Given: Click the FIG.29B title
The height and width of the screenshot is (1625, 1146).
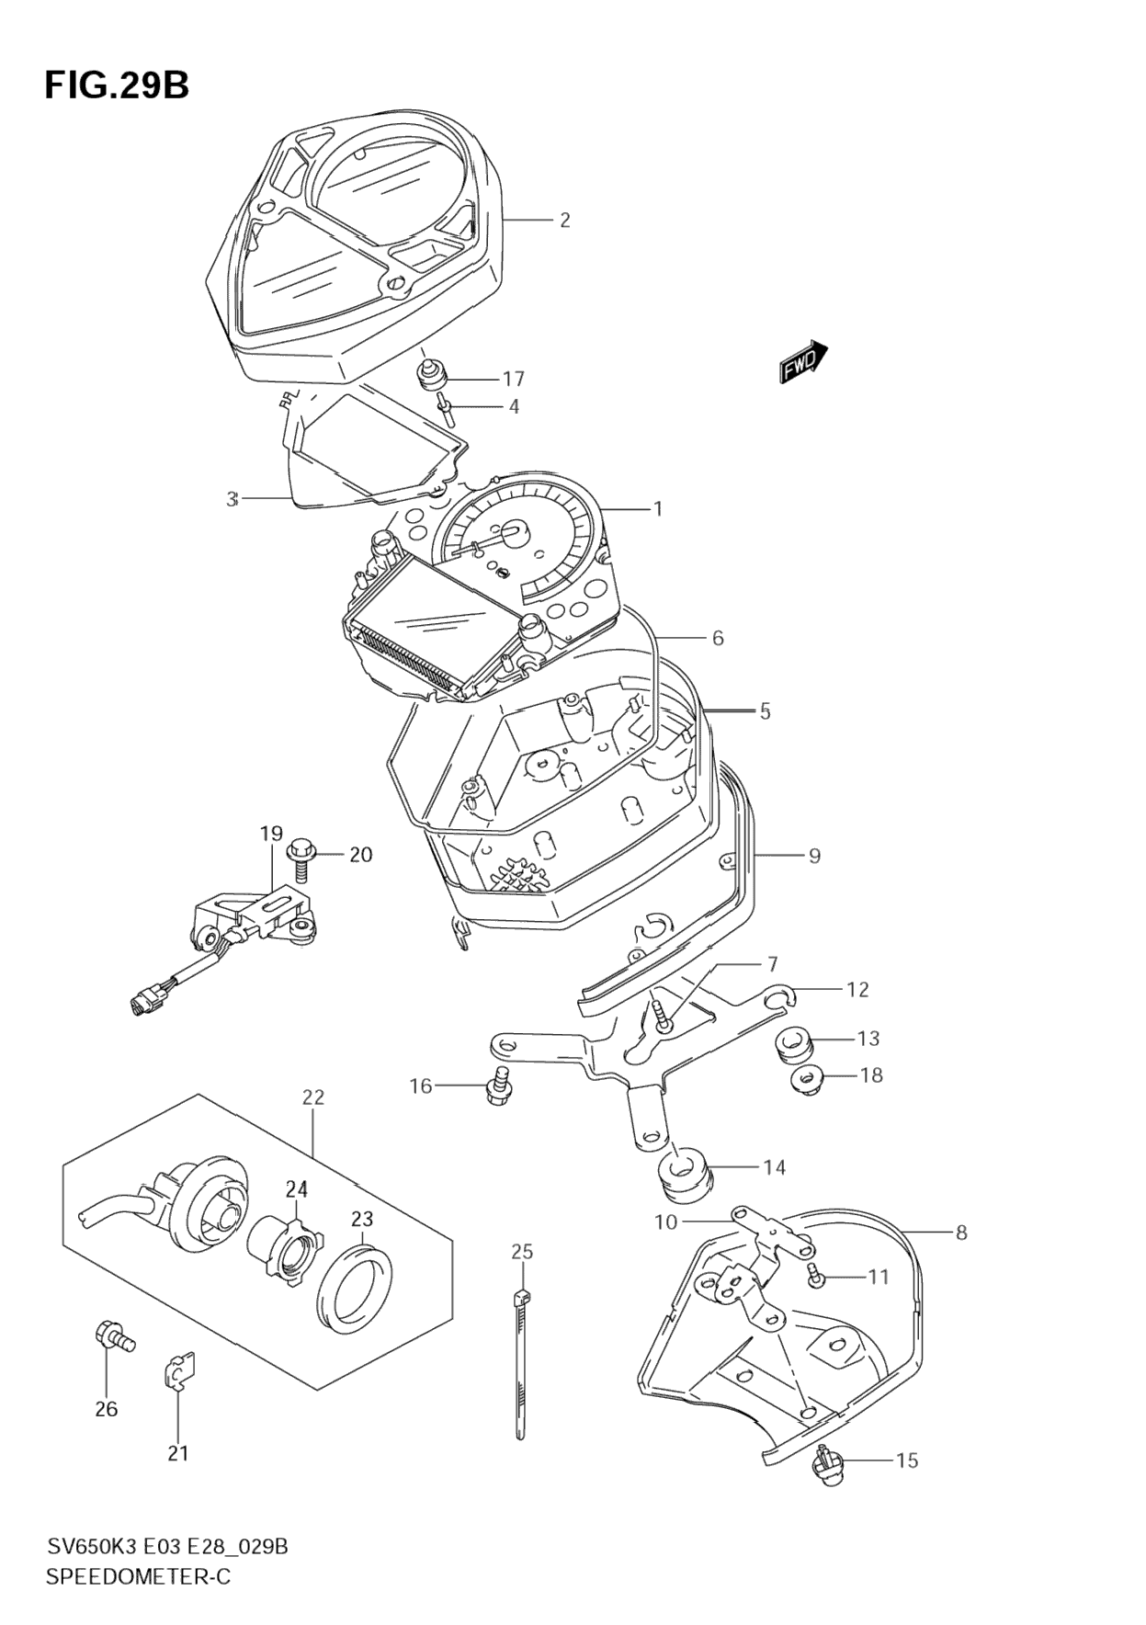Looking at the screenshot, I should point(117,85).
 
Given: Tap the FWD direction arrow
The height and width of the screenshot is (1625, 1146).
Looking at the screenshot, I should point(804,361).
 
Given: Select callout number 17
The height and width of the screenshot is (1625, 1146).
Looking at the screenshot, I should point(513,379).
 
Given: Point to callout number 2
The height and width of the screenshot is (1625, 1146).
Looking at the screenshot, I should point(564,220).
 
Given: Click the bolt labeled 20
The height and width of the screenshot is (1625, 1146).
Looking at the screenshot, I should point(300,858).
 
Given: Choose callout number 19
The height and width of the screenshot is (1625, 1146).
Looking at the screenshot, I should point(270,835).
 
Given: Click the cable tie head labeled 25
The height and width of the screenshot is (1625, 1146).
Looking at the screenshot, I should point(521,1297).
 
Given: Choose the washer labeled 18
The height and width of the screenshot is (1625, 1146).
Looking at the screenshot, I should point(807,1081).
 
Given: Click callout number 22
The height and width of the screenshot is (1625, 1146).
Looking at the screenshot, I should point(313,1097).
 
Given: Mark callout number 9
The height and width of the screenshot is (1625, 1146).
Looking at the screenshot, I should point(814,856).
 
